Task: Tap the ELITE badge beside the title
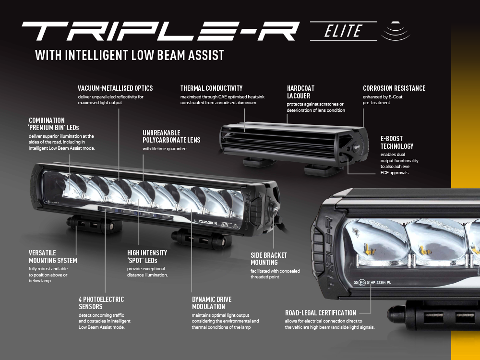[343, 31]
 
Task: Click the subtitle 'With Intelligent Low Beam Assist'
[130, 55]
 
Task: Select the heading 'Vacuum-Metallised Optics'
[115, 88]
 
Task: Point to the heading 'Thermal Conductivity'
[211, 88]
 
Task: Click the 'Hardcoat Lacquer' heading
[300, 92]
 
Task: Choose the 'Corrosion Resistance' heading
[394, 88]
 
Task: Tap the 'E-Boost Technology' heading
[397, 143]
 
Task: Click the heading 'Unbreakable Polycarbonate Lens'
[171, 136]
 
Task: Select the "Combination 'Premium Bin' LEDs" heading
[54, 124]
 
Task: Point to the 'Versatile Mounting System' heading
[53, 257]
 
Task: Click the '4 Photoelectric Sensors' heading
[101, 303]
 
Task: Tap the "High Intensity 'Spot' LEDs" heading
[147, 257]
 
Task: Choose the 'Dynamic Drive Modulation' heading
[212, 303]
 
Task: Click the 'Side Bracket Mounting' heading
[269, 259]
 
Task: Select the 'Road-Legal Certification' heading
[321, 313]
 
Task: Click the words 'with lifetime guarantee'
[164, 149]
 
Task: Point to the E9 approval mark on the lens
[362, 283]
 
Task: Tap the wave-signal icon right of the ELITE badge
[396, 31]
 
